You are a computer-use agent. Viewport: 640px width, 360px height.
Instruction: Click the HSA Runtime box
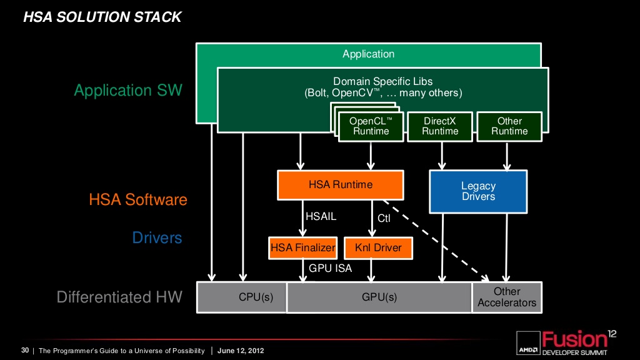pos(341,185)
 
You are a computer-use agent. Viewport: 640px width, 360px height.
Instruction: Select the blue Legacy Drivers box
pos(478,191)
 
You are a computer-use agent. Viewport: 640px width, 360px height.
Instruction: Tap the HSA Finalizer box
pos(303,247)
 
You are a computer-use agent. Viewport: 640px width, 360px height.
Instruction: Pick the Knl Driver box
pos(378,247)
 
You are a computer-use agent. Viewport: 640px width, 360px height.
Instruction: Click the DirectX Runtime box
pos(440,126)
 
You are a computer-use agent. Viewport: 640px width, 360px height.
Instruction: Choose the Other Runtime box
pos(509,126)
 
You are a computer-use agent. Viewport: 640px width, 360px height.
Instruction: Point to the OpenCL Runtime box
pos(371,126)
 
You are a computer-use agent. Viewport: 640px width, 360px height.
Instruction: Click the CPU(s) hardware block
pos(242,297)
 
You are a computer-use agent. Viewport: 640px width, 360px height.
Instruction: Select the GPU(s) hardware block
pos(379,297)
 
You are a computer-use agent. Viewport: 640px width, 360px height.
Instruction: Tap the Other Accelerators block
pos(507,297)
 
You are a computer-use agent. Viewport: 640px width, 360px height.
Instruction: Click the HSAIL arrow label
pos(321,216)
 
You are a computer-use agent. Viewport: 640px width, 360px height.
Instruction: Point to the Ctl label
pos(384,218)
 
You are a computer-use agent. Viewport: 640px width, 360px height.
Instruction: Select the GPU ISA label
pos(330,268)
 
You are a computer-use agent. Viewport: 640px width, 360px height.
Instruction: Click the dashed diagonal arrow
pos(436,241)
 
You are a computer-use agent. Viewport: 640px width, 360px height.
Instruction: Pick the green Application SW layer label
pos(128,90)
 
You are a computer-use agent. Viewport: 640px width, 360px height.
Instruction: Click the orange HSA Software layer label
pos(138,199)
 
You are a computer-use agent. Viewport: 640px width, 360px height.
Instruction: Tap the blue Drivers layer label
pos(157,237)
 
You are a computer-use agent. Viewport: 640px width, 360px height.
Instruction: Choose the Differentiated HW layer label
pos(119,297)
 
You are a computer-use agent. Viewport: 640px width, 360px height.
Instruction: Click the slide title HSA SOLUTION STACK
pos(102,17)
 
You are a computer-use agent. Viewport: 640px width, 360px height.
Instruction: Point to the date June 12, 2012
pos(241,351)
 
